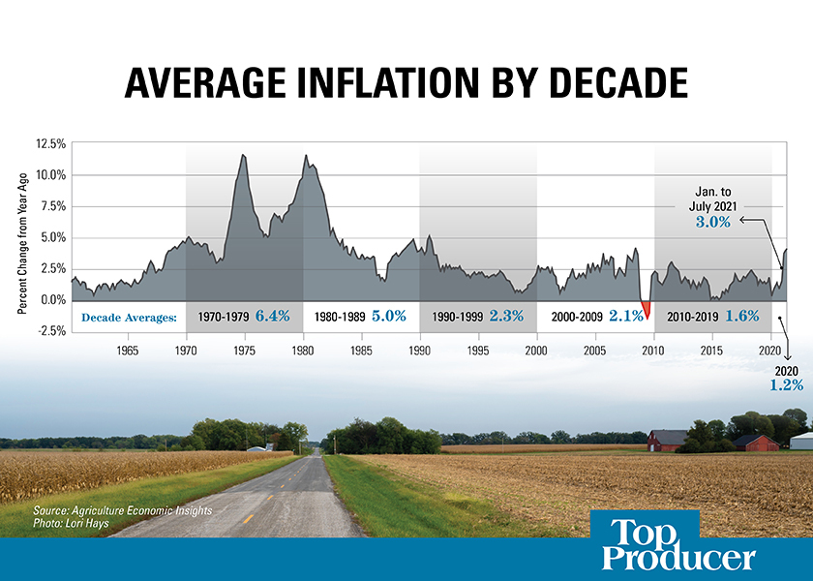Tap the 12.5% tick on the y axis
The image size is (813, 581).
click(50, 144)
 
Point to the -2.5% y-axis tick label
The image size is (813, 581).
click(49, 330)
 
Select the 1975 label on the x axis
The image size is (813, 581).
click(244, 350)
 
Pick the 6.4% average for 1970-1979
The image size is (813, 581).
click(272, 316)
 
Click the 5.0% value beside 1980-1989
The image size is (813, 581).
click(388, 316)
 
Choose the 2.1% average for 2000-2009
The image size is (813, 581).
click(625, 316)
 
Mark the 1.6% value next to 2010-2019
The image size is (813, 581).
click(741, 316)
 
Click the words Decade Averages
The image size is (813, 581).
click(129, 317)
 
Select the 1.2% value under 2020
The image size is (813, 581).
click(786, 384)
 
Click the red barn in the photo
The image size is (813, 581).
click(667, 441)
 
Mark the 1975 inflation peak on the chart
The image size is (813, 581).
click(243, 156)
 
